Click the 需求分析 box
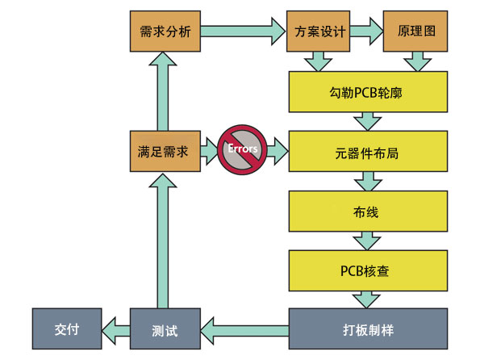tap(165, 32)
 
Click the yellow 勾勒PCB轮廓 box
tap(368, 92)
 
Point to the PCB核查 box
tap(368, 270)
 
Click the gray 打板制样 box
tap(368, 329)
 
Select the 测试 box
tap(165, 329)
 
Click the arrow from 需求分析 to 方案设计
tap(243, 32)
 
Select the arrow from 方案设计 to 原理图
tap(368, 32)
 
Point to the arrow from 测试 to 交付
tap(115, 329)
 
